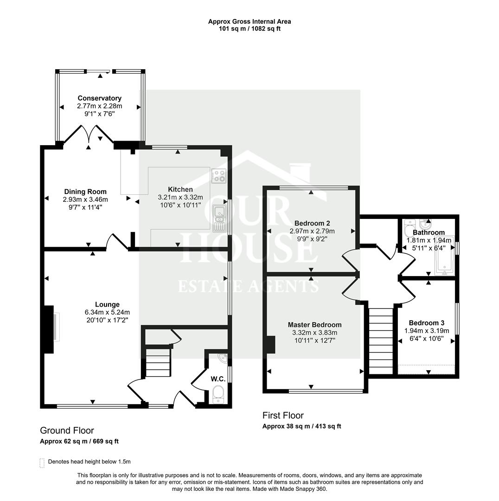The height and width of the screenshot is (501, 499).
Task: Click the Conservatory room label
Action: [99, 98]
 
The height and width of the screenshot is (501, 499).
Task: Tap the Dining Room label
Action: [85, 192]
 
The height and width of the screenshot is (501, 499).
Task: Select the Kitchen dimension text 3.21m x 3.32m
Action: [180, 198]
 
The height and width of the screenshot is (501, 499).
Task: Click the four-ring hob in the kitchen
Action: [218, 175]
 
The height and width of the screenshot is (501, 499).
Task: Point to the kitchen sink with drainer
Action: [219, 218]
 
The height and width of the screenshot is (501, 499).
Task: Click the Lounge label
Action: [107, 304]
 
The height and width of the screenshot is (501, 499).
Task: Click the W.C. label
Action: [218, 379]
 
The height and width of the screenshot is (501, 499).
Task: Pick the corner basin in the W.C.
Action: [222, 358]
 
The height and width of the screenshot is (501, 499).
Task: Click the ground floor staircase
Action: [158, 363]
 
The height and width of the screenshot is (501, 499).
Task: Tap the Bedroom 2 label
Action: [312, 223]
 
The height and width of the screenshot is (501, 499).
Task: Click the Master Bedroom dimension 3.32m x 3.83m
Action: [315, 333]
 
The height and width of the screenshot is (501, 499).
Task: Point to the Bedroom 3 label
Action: [427, 323]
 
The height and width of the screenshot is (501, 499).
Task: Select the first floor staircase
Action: [381, 341]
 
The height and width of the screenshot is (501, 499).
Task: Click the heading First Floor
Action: [283, 415]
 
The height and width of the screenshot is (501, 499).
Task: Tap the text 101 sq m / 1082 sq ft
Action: [249, 29]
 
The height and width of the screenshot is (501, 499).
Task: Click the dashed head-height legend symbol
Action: [42, 463]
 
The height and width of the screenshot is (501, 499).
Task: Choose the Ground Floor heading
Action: [67, 430]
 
